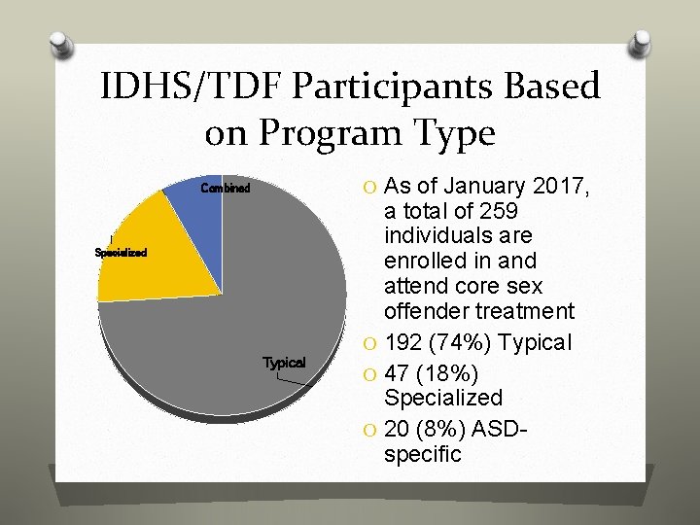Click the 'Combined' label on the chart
click(225, 188)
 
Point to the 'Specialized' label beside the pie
click(121, 253)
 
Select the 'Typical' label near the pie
click(284, 363)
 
